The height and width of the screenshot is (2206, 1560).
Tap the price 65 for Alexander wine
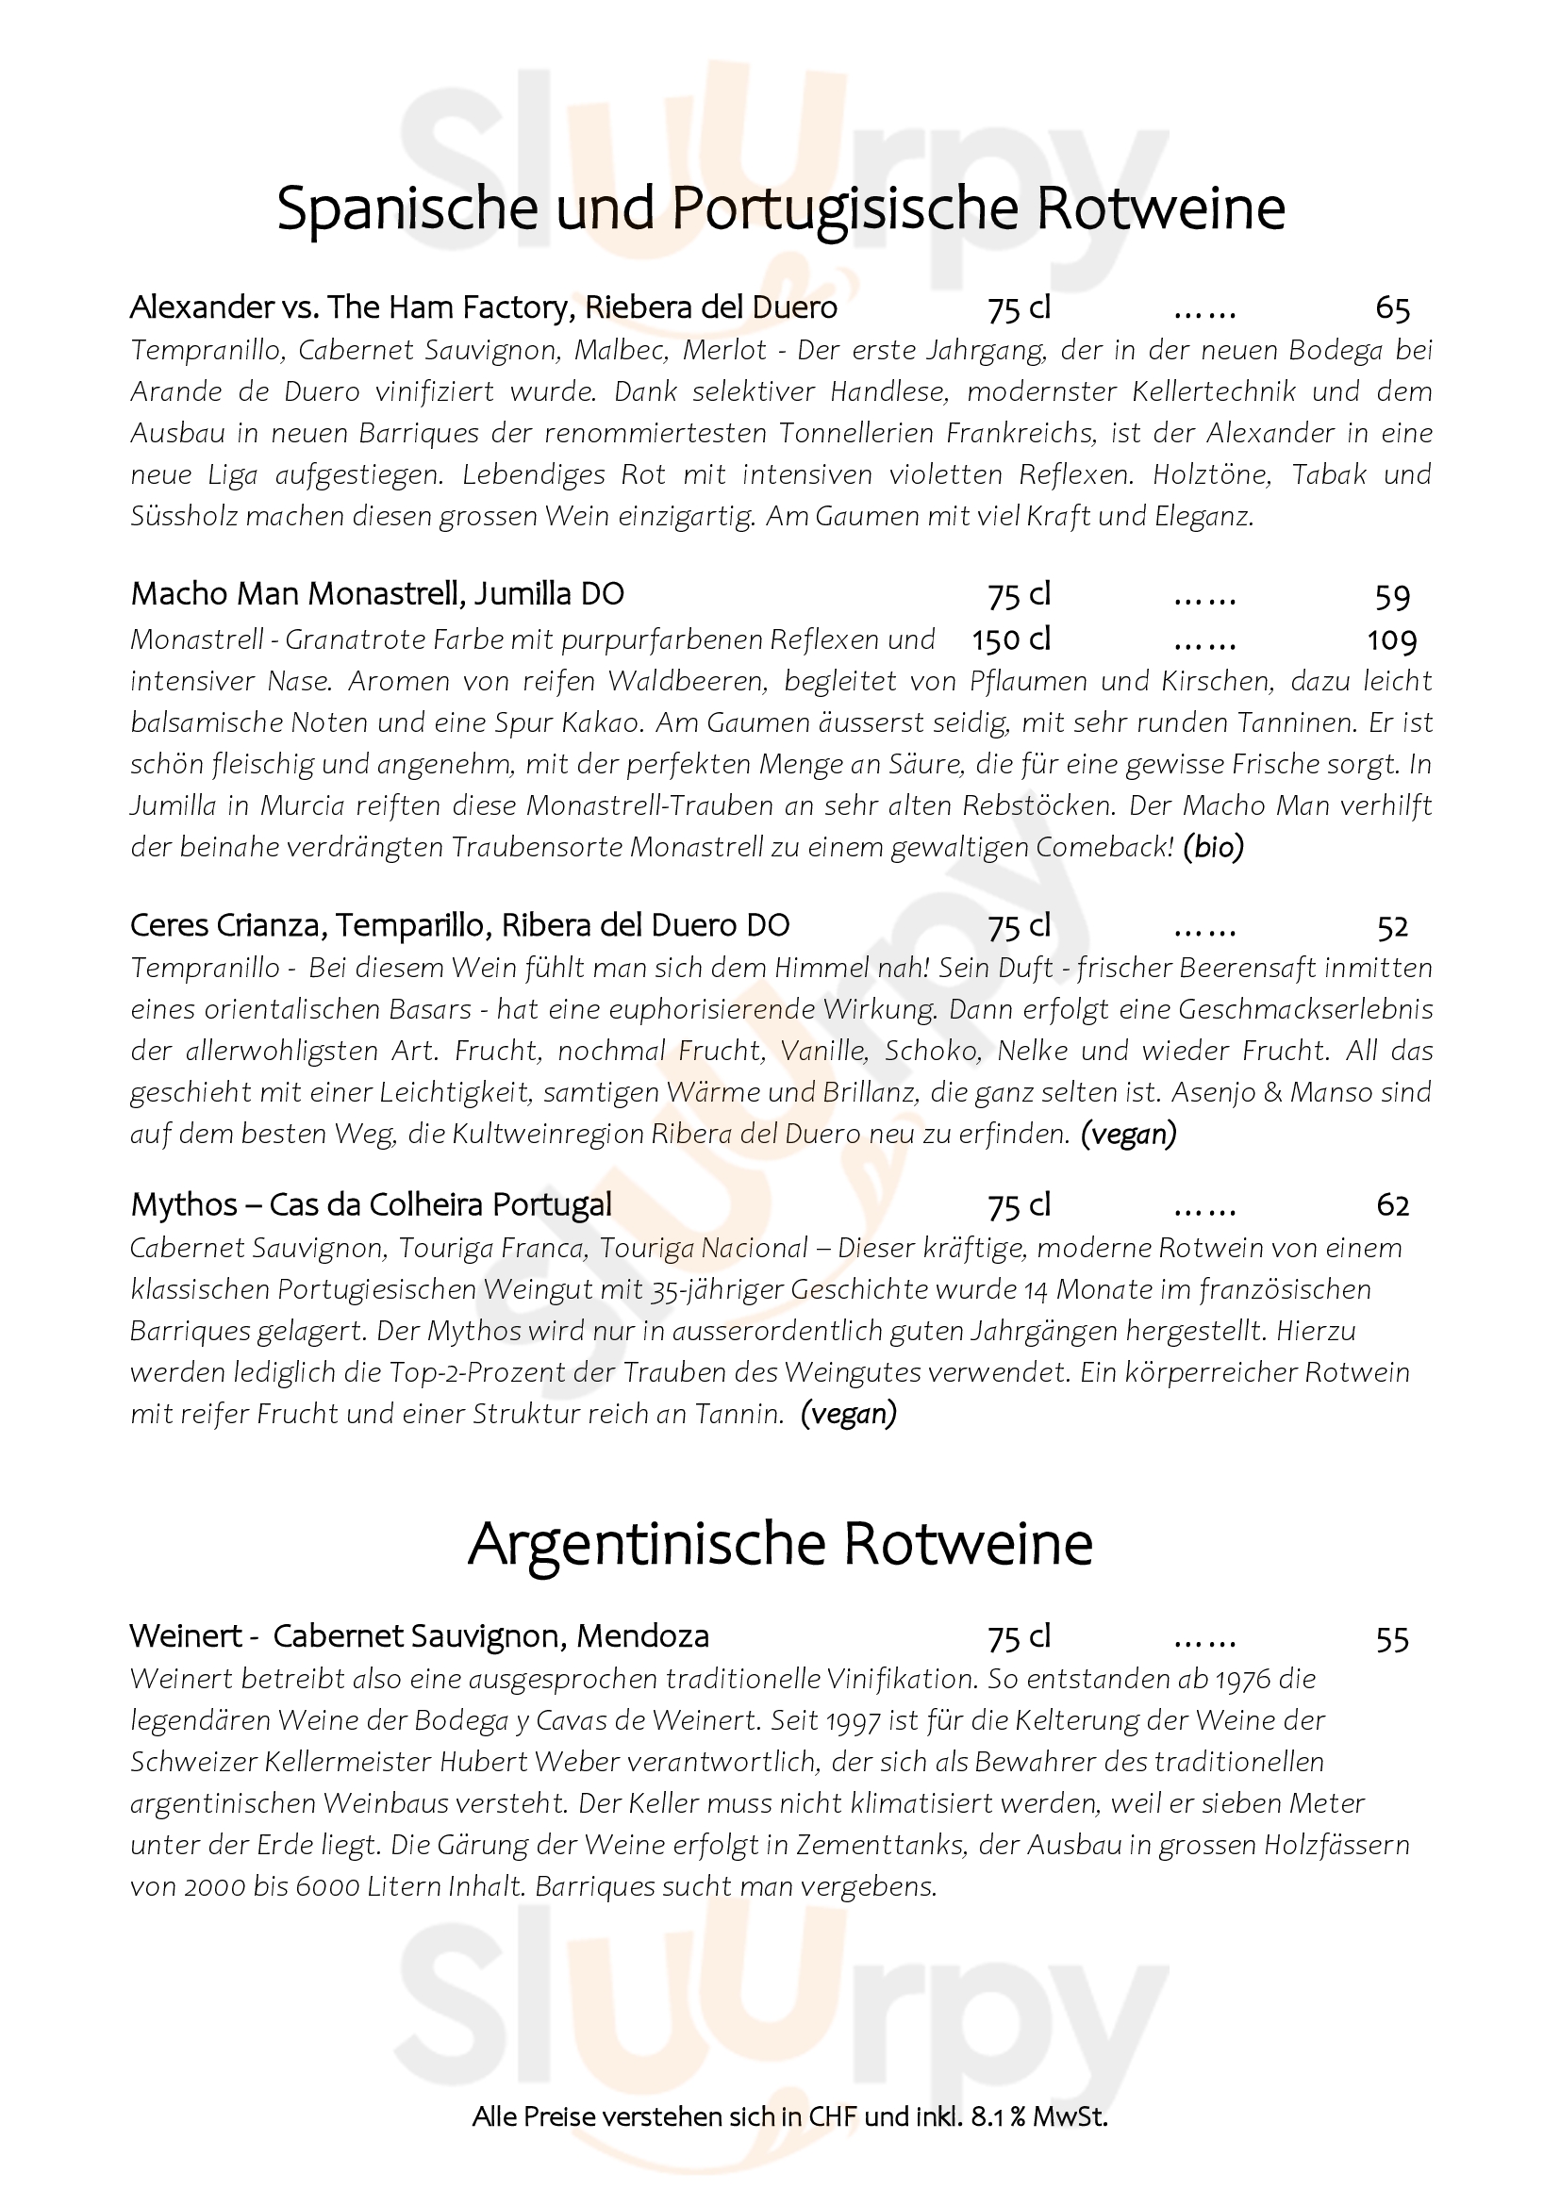(1392, 308)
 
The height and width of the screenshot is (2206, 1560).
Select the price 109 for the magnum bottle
(1392, 639)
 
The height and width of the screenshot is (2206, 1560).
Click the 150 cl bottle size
(1011, 639)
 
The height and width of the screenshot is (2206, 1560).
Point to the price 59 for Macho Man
(1392, 597)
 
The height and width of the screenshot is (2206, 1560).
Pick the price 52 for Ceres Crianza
(1392, 927)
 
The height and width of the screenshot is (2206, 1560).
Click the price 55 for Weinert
(1392, 1638)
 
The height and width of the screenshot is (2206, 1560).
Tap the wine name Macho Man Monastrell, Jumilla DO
(377, 595)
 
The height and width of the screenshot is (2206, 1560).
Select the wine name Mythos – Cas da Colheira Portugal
(371, 1204)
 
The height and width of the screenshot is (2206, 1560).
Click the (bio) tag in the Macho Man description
(1213, 848)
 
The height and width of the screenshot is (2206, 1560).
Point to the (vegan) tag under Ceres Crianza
(1129, 1135)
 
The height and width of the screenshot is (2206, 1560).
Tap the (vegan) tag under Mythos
(848, 1414)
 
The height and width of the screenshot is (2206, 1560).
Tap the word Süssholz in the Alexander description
(184, 517)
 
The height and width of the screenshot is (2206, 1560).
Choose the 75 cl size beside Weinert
(1020, 1636)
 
